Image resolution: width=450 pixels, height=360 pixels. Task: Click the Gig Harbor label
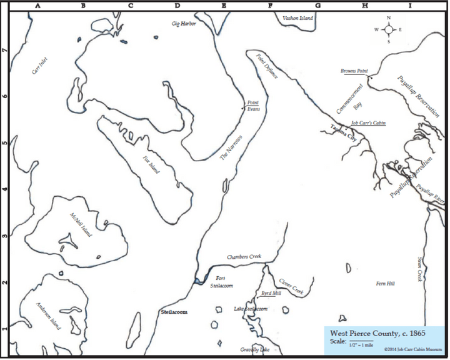[184, 24]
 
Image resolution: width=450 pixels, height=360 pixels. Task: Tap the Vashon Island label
[297, 19]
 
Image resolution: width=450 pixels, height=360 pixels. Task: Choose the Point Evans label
[253, 106]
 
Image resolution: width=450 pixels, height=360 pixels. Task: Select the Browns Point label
[352, 71]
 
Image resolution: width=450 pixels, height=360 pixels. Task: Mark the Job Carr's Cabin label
[368, 124]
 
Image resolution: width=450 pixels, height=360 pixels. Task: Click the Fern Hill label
[384, 284]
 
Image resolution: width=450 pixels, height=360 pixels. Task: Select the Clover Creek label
[291, 286]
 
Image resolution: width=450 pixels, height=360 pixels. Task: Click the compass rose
[388, 29]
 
